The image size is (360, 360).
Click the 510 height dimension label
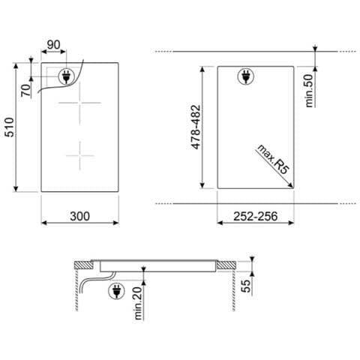[10, 127]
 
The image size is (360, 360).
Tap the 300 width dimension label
[79, 216]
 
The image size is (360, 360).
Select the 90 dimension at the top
[54, 45]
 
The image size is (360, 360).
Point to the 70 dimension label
[26, 91]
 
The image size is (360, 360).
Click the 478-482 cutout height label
[196, 127]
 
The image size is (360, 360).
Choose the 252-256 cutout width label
[256, 216]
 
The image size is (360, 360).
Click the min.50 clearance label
[309, 91]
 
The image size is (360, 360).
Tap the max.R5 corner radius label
[273, 159]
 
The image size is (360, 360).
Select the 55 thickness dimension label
[246, 286]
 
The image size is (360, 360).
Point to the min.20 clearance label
[138, 303]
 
